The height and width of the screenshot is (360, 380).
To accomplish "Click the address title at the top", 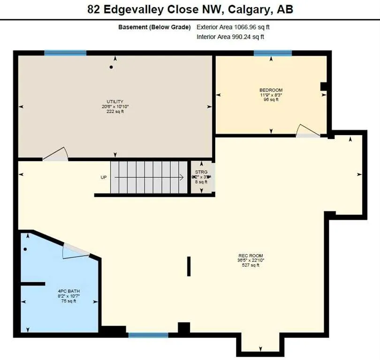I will pos(190,9).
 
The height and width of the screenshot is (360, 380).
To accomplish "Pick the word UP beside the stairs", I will pos(104,177).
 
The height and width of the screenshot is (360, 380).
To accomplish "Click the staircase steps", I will pos(149,177).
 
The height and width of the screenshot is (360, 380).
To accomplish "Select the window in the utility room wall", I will pos(65,53).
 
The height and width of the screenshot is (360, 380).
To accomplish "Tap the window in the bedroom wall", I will pos(273,53).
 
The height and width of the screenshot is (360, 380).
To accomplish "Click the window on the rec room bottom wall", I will pos(148,335).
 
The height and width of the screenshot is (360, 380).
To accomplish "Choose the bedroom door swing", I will pos(307,131).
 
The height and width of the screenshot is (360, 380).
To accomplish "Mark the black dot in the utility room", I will pos(111,67).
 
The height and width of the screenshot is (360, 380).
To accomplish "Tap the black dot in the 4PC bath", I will pos(25,249).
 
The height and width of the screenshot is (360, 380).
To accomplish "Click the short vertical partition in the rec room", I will pos(189,266).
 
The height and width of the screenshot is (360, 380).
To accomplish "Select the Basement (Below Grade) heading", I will pos(154,27).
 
